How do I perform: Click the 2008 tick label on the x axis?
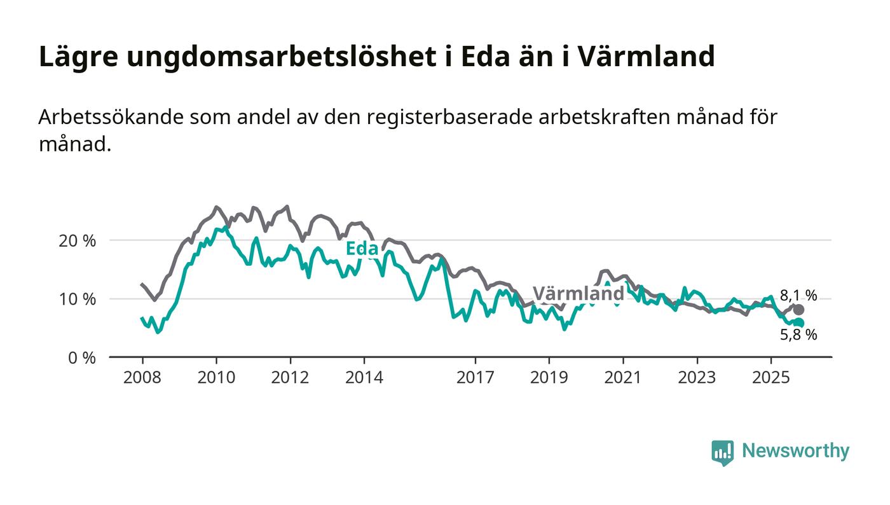(142, 377)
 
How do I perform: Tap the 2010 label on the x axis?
(216, 377)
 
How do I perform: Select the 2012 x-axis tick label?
(290, 377)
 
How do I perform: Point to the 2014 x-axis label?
(364, 377)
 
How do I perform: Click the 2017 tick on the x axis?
(475, 377)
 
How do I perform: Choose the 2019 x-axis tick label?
(549, 377)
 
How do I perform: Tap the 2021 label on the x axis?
(622, 377)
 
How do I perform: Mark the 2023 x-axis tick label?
(696, 377)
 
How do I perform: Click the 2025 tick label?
(770, 377)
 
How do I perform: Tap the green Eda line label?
(362, 249)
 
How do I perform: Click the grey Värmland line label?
(578, 294)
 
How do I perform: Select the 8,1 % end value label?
(798, 295)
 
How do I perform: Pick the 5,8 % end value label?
(798, 335)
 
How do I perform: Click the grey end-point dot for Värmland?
(798, 310)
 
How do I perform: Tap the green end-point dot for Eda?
(799, 323)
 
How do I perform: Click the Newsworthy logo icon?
(722, 452)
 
